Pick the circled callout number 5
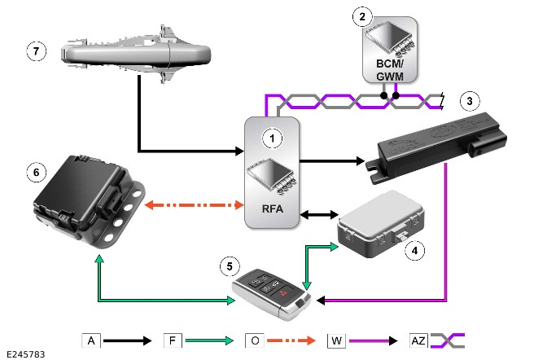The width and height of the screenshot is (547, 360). (231, 265)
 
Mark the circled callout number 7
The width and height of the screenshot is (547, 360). (34, 50)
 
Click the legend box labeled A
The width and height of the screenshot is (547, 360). (90, 339)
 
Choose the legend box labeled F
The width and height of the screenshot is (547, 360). (172, 339)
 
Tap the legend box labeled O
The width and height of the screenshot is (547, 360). (253, 339)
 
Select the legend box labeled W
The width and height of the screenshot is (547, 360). (335, 339)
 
